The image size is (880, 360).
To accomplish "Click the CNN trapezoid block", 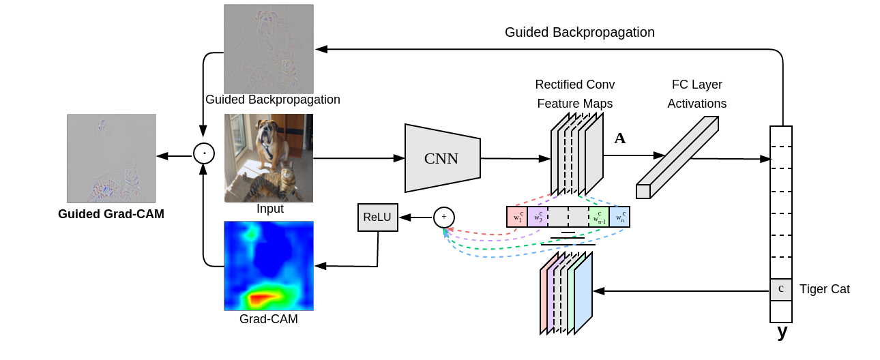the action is click(442, 158).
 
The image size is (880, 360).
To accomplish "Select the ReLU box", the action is click(377, 217).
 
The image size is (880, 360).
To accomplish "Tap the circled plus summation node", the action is click(444, 217).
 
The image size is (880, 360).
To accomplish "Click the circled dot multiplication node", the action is click(204, 153).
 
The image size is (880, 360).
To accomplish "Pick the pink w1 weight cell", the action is click(517, 217).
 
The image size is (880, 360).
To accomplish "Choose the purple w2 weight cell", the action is click(538, 217).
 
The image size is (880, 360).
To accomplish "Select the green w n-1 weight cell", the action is click(599, 217).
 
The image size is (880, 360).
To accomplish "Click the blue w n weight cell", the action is click(619, 217).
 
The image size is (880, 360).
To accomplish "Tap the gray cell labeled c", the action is click(780, 290).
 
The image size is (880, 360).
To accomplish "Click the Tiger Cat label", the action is click(825, 289).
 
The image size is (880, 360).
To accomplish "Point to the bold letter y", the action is click(782, 332).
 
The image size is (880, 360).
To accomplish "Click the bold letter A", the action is click(619, 138).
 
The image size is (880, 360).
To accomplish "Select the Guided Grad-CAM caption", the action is click(111, 214).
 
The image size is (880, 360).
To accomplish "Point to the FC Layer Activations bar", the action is click(677, 157).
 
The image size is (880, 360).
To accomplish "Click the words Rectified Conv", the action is click(575, 85).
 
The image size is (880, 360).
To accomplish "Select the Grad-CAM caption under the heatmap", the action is click(269, 319).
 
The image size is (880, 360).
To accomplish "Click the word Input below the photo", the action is click(270, 209).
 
